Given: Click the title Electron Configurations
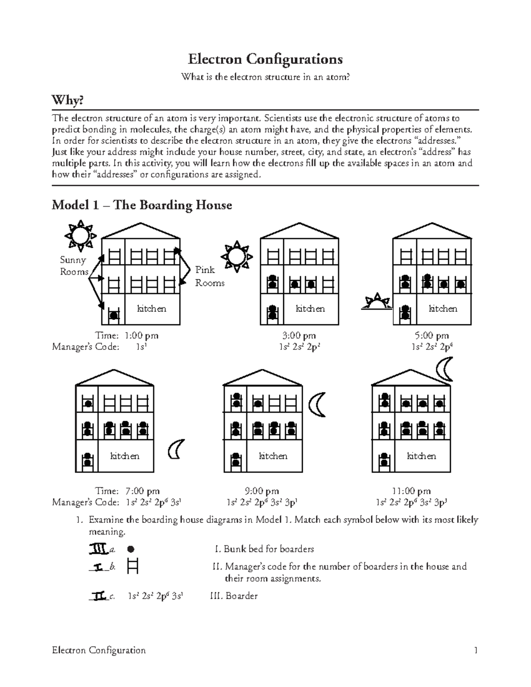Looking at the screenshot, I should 265,59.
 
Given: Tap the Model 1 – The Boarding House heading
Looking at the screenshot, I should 142,205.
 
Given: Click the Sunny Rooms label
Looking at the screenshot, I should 74,266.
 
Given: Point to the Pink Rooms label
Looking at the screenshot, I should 210,276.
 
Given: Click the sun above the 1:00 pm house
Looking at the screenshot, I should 80,234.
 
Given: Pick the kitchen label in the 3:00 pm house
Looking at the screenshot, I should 310,309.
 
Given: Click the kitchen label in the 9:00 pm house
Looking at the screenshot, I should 273,456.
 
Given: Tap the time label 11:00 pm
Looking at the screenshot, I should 411,491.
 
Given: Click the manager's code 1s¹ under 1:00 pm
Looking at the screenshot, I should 141,347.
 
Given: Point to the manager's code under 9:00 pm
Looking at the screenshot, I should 262,503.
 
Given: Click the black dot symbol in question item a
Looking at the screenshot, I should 131,549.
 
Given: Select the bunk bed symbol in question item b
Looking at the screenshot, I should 132,566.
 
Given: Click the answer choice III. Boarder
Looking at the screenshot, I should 234,596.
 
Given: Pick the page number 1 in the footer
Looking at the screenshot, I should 476,650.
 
